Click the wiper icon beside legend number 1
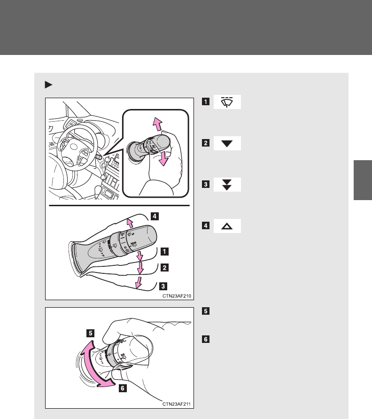click(227, 102)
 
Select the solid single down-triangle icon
click(227, 143)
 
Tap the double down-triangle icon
click(227, 185)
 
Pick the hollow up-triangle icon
click(227, 226)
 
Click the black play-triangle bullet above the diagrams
click(48, 85)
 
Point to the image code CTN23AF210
click(177, 296)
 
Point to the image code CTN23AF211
click(177, 404)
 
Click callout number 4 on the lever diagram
click(155, 216)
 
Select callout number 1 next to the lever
click(164, 251)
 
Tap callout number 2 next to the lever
click(164, 267)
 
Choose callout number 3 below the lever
click(163, 286)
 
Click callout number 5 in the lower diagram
click(90, 333)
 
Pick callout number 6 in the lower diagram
click(123, 388)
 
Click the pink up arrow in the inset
click(158, 124)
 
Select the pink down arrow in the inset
click(163, 158)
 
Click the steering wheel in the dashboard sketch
click(77, 147)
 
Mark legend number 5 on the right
click(206, 311)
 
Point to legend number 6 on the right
click(206, 339)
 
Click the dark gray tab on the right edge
click(363, 180)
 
